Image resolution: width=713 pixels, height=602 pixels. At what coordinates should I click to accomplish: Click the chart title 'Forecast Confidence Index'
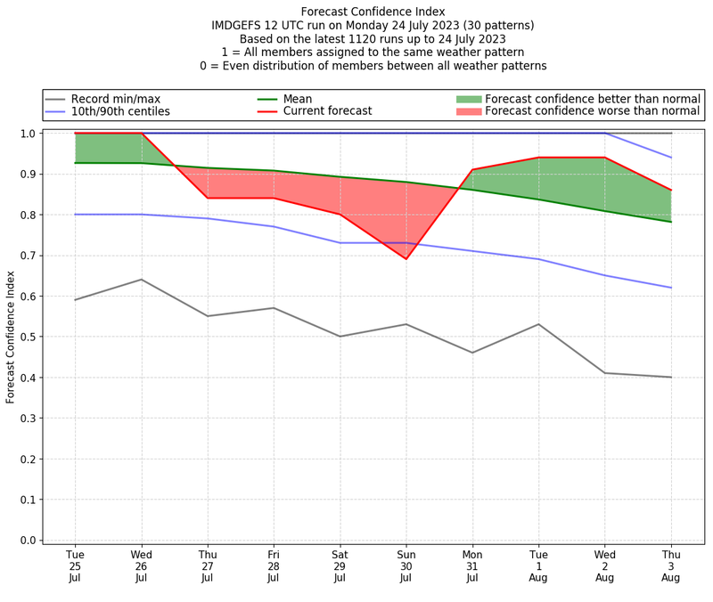tap(373, 12)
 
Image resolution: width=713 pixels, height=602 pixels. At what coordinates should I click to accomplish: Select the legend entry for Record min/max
tap(116, 99)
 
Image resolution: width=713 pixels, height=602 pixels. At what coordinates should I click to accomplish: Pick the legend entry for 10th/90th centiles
tap(120, 111)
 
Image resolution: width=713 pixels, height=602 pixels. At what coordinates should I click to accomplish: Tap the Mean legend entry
tap(310, 99)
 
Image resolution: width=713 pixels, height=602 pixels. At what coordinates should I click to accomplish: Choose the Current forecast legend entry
tap(327, 111)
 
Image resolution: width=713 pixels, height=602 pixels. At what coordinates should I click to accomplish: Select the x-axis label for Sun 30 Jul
tap(406, 566)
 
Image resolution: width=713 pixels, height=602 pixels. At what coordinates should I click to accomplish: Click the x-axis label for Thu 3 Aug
tap(671, 566)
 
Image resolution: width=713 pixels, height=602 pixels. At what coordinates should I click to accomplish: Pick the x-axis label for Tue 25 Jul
tap(75, 566)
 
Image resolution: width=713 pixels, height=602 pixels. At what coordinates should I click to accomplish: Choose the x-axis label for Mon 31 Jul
tap(472, 566)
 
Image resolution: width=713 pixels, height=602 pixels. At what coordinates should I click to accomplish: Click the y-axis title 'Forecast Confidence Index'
tap(12, 337)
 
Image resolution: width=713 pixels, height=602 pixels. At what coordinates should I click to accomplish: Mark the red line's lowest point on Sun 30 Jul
tap(406, 258)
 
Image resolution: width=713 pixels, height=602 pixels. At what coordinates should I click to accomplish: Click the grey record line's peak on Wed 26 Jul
tap(141, 280)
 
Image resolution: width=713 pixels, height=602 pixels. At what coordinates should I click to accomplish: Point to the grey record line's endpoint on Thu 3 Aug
tap(671, 377)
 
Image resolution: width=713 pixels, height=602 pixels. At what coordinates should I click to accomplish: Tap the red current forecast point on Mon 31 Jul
tap(472, 169)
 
